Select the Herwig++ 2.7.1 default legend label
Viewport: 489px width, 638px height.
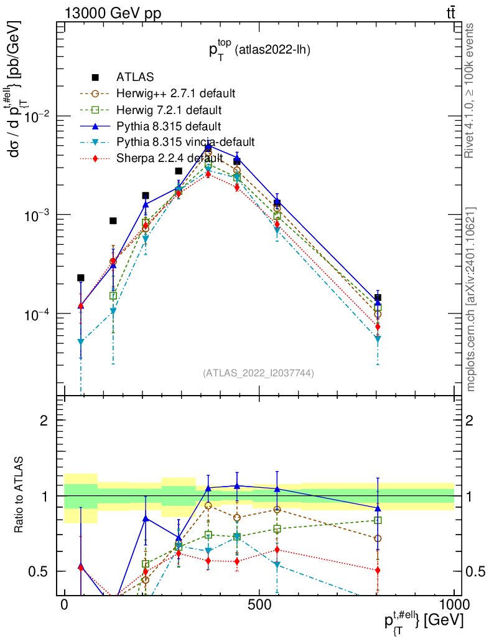[175, 93]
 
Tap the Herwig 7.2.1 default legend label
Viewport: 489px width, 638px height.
[169, 110]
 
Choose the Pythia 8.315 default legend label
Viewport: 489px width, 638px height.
[169, 126]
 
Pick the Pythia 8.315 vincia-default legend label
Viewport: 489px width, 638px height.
[185, 142]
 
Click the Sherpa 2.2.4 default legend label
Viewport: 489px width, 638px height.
[170, 158]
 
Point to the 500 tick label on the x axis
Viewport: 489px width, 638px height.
[259, 606]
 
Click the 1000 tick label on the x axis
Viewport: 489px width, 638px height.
[453, 606]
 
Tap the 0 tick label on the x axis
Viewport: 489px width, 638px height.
[65, 606]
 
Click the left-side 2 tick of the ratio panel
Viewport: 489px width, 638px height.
[45, 421]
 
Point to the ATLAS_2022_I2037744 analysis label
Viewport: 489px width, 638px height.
[258, 373]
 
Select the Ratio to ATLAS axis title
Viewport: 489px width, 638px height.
[20, 495]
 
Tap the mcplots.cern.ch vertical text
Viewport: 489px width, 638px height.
[471, 299]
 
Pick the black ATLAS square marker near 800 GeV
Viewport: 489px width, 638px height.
[378, 298]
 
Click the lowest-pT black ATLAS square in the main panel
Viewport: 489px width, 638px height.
[80, 278]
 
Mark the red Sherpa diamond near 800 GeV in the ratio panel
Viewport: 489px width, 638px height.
[378, 570]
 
